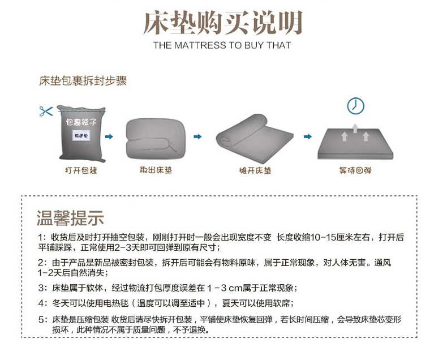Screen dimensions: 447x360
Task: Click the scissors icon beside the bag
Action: tap(46, 111)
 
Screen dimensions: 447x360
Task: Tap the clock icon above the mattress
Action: tap(355, 106)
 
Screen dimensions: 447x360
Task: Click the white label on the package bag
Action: tap(81, 135)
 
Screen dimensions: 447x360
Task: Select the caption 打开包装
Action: tap(81, 170)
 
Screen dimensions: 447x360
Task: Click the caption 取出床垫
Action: tap(156, 170)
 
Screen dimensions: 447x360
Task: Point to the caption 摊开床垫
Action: tap(255, 170)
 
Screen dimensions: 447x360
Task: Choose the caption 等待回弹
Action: tap(355, 170)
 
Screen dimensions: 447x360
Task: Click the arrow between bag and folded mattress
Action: tap(109, 136)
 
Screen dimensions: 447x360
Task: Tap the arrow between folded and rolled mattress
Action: tap(197, 136)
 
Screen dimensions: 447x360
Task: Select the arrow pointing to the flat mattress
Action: tap(308, 136)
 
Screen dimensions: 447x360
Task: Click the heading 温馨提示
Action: tap(70, 218)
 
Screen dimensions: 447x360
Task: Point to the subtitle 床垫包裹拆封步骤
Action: tap(83, 81)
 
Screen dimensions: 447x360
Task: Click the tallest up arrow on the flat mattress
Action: tap(355, 128)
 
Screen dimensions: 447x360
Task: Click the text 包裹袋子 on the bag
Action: tap(81, 122)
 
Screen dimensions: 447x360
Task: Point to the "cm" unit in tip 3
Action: tap(235, 288)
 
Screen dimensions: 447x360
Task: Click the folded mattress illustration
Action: tap(156, 139)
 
